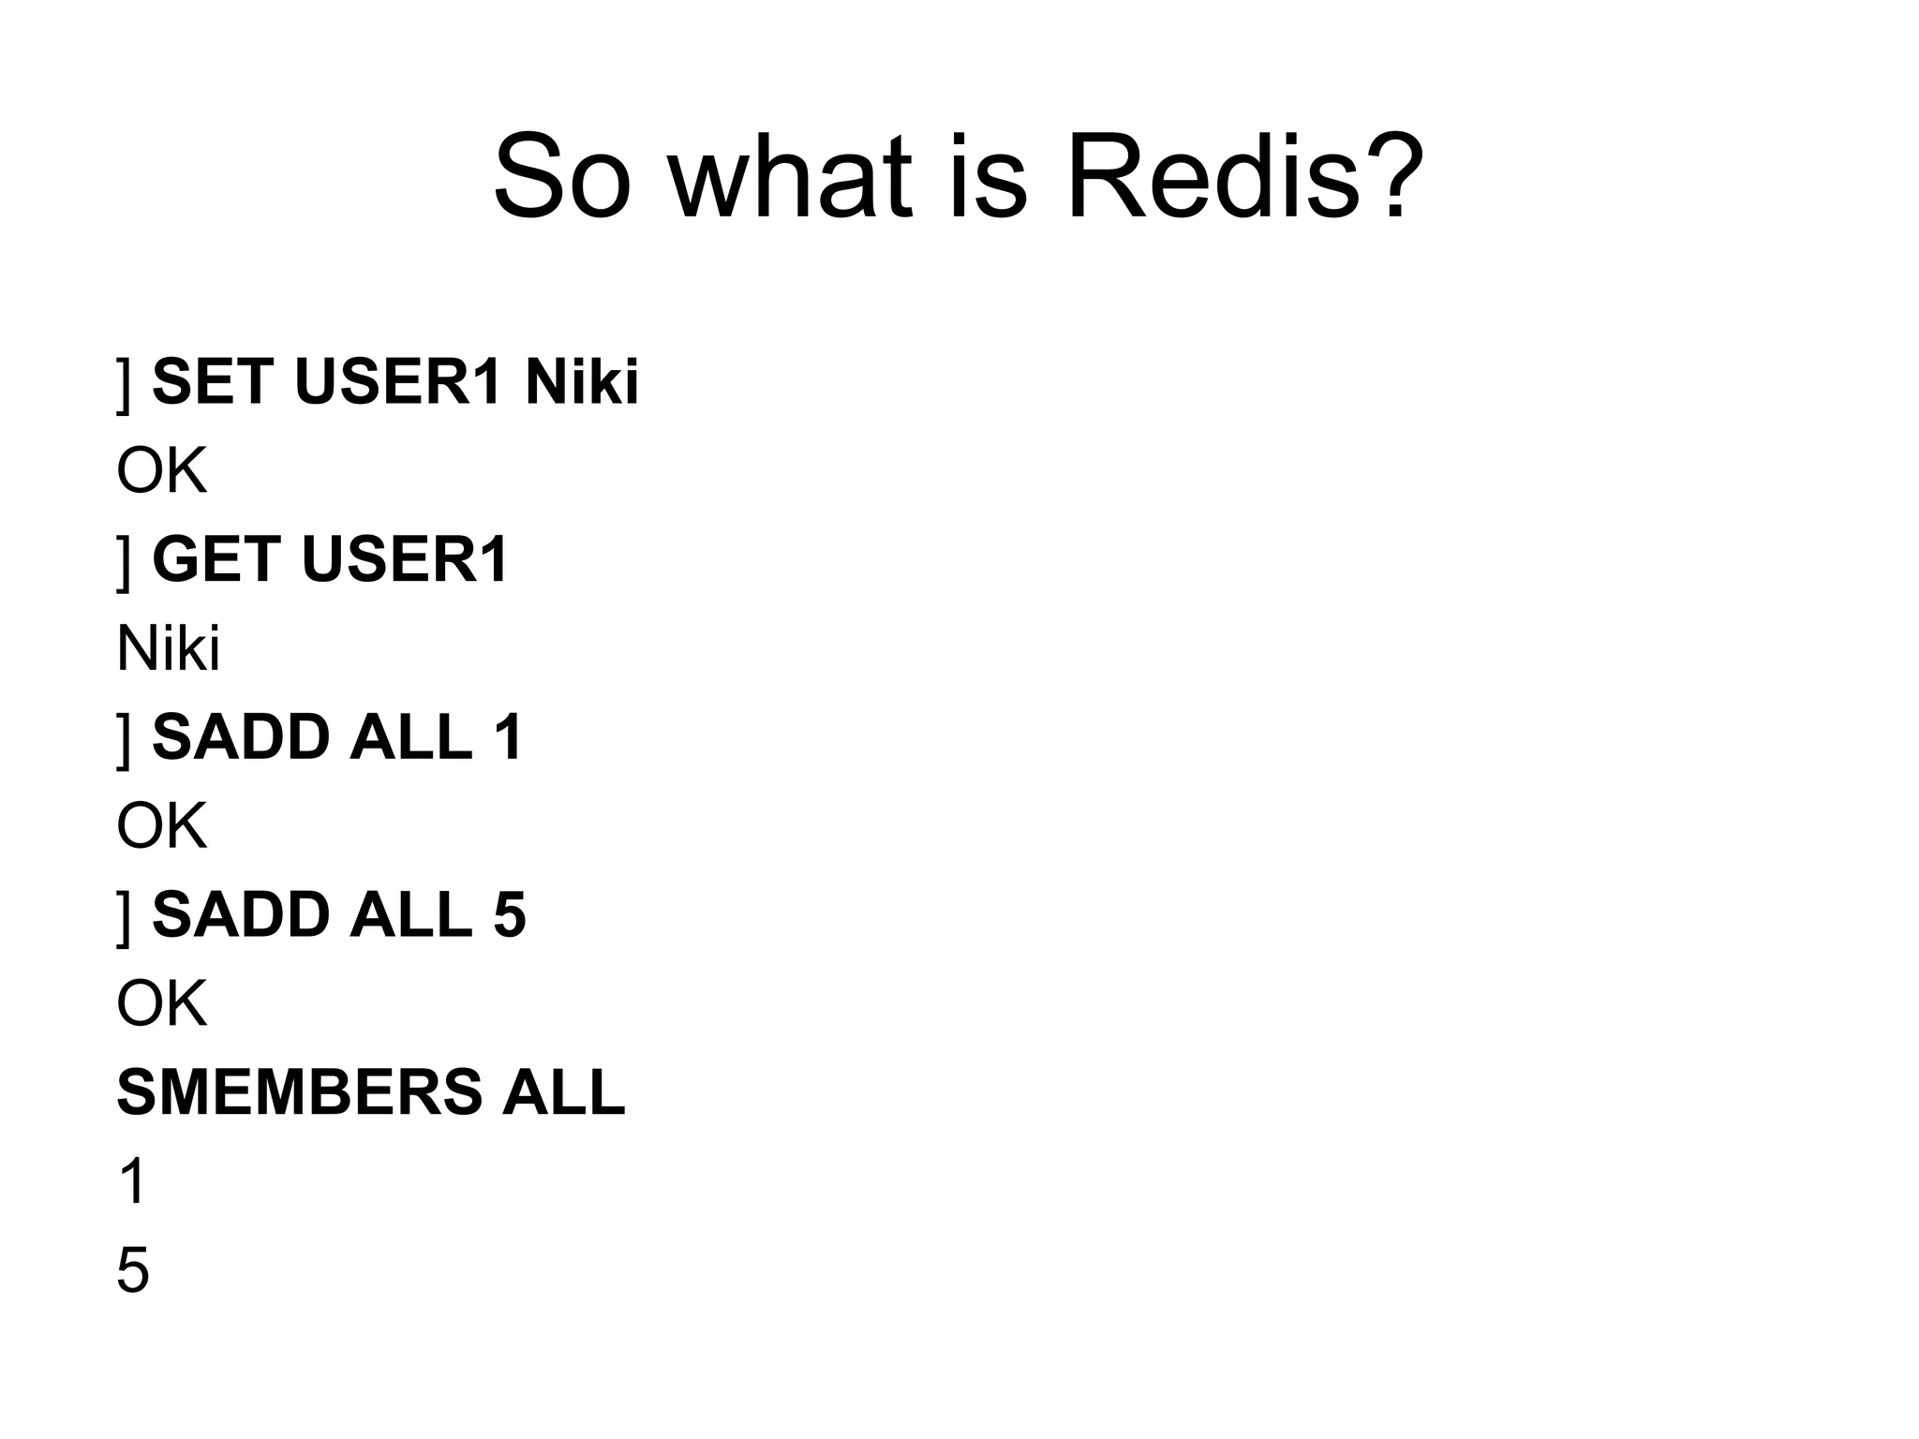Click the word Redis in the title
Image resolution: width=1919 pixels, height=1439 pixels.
point(1213,177)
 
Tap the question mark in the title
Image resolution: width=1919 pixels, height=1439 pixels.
point(1394,177)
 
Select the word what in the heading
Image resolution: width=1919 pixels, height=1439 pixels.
point(791,177)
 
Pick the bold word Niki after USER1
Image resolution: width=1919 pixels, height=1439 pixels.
point(581,382)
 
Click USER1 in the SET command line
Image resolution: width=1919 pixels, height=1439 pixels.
point(397,382)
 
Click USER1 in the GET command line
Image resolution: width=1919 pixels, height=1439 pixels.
point(405,560)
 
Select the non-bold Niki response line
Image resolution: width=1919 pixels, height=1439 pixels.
point(169,648)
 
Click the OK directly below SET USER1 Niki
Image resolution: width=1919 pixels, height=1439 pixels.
point(161,471)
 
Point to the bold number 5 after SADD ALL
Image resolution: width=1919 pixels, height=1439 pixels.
point(509,915)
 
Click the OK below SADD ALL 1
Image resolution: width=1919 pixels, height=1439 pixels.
point(161,826)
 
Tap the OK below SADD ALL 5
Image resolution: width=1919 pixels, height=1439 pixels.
point(161,1004)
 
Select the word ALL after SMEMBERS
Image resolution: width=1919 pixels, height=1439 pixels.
point(562,1092)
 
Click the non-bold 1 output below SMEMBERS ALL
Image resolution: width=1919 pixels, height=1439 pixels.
point(133,1181)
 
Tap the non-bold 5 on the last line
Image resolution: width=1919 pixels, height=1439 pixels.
point(133,1270)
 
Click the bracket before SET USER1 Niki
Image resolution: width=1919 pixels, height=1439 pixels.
point(124,384)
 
